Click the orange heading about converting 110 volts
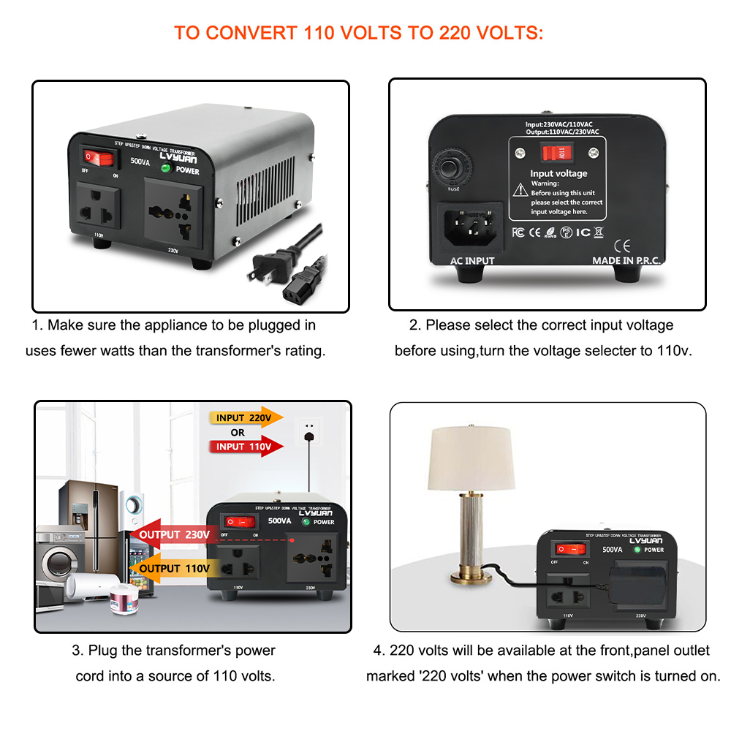pos(358,34)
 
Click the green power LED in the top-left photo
pos(165,169)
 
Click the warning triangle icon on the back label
pos(520,189)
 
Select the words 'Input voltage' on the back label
pos(558,173)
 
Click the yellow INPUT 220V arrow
pos(246,418)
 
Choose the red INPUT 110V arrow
pos(246,446)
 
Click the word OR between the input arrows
pos(238,432)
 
